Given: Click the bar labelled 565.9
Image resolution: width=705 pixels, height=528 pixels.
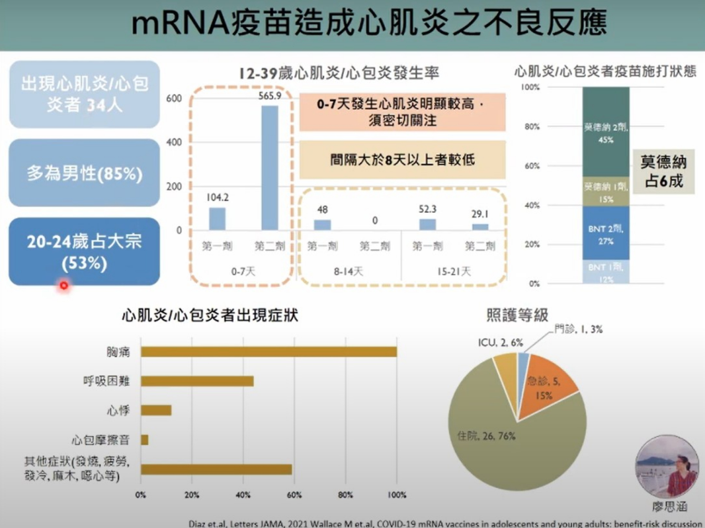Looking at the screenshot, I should [x=270, y=167].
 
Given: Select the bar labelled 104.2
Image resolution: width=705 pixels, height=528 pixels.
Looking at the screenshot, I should [x=217, y=219].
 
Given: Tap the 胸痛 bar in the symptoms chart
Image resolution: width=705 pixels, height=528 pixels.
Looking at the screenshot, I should [x=269, y=352].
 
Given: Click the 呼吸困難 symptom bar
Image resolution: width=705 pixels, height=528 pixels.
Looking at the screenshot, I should [x=197, y=381].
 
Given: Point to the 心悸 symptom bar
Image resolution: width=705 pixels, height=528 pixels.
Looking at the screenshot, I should [x=156, y=410].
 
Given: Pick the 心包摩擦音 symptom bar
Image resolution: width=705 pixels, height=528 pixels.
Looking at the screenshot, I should [x=145, y=440].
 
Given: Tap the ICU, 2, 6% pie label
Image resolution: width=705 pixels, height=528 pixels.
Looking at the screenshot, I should [x=500, y=343].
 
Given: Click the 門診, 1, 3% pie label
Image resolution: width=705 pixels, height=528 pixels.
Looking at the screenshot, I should [x=578, y=329].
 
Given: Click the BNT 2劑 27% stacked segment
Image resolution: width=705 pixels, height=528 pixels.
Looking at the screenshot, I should [x=606, y=233].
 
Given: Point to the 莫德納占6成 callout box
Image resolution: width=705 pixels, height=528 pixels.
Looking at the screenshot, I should [x=663, y=171].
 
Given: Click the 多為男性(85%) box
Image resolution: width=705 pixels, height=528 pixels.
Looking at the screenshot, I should [x=84, y=173].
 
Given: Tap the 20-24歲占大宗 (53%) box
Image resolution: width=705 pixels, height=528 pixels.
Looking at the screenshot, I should [x=84, y=251].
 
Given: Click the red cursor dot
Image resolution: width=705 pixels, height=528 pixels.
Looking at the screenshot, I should [x=64, y=286].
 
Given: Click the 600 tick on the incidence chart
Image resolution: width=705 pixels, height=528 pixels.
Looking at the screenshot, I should [x=174, y=99].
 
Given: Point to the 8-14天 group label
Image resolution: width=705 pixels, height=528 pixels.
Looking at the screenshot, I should [x=348, y=272].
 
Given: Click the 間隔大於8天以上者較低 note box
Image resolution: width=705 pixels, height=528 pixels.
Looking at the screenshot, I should [x=402, y=160].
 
